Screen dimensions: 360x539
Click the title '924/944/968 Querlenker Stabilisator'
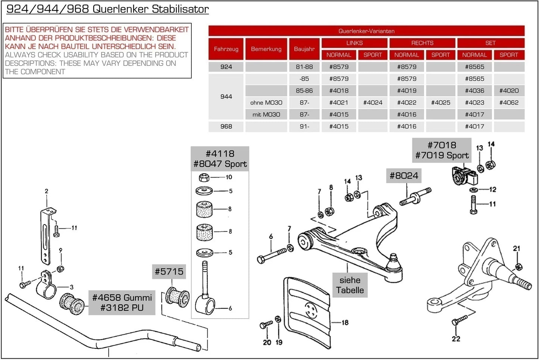tap(107, 9)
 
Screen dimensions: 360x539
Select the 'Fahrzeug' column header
tap(226, 49)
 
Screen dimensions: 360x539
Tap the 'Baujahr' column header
tap(304, 49)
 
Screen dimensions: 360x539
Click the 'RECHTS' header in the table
tap(422, 43)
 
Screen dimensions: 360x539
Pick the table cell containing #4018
tap(339, 91)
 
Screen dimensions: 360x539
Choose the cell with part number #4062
tap(508, 103)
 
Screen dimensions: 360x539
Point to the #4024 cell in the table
tap(372, 103)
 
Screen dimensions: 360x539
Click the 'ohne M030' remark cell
tap(266, 103)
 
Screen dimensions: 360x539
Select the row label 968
tap(226, 126)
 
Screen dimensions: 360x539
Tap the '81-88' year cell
tap(304, 67)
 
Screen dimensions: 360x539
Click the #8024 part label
tap(404, 176)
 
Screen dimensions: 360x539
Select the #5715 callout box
tap(169, 272)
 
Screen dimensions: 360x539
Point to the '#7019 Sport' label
tap(442, 156)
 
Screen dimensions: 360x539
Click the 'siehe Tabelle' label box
tap(350, 285)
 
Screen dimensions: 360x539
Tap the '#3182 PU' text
tap(122, 308)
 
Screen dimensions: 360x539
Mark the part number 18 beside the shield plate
tap(345, 322)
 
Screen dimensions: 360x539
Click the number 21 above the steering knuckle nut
tap(516, 248)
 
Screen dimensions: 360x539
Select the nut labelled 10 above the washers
tap(204, 178)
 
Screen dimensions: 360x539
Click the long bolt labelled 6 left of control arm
tap(272, 256)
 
